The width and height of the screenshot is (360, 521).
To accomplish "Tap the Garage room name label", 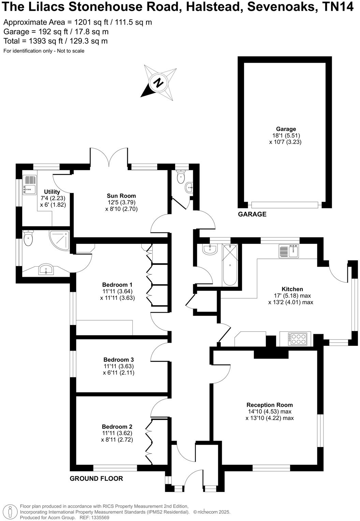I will (286, 129).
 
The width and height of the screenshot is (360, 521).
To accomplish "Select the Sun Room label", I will (121, 196).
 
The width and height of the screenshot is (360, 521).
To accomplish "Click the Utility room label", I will (52, 192).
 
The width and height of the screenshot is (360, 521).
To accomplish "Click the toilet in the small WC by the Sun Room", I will (181, 176).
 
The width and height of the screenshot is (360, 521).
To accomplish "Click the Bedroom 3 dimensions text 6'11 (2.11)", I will (119, 373).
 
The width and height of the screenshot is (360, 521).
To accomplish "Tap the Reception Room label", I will (270, 405).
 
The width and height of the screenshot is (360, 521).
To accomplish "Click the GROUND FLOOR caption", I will (96, 478).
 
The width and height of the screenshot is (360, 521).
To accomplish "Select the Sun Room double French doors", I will (109, 157).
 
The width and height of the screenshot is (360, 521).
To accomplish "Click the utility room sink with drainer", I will (29, 184).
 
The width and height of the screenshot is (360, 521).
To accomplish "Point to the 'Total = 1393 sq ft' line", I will (55, 41).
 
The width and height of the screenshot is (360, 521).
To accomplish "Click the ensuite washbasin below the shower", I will (45, 270).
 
